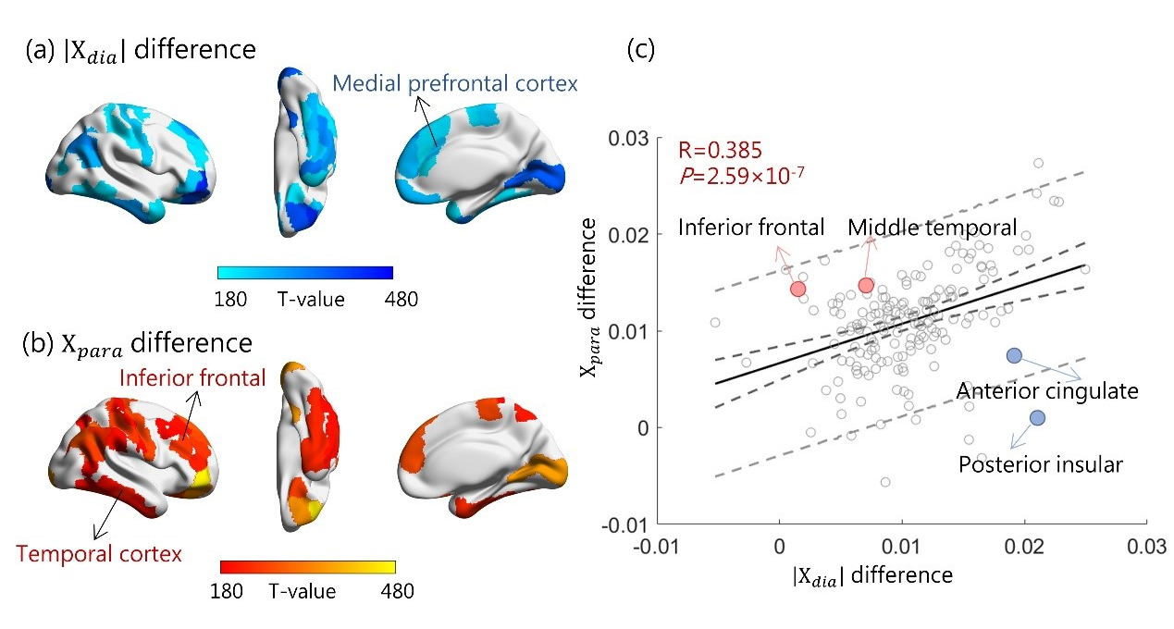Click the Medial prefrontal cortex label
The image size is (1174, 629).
pyautogui.click(x=455, y=84)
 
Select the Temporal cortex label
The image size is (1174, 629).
pyautogui.click(x=98, y=555)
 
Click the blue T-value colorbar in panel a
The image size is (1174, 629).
pyautogui.click(x=305, y=273)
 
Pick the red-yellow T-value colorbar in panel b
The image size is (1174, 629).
pyautogui.click(x=307, y=566)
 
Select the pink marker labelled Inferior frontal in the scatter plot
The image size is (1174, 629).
pyautogui.click(x=798, y=289)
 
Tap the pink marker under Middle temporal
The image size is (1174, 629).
pyautogui.click(x=866, y=285)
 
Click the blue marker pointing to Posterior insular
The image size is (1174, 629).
pyautogui.click(x=1036, y=418)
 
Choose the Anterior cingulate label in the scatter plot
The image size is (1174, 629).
pyautogui.click(x=1047, y=390)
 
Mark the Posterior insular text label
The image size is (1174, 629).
pyautogui.click(x=1040, y=463)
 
